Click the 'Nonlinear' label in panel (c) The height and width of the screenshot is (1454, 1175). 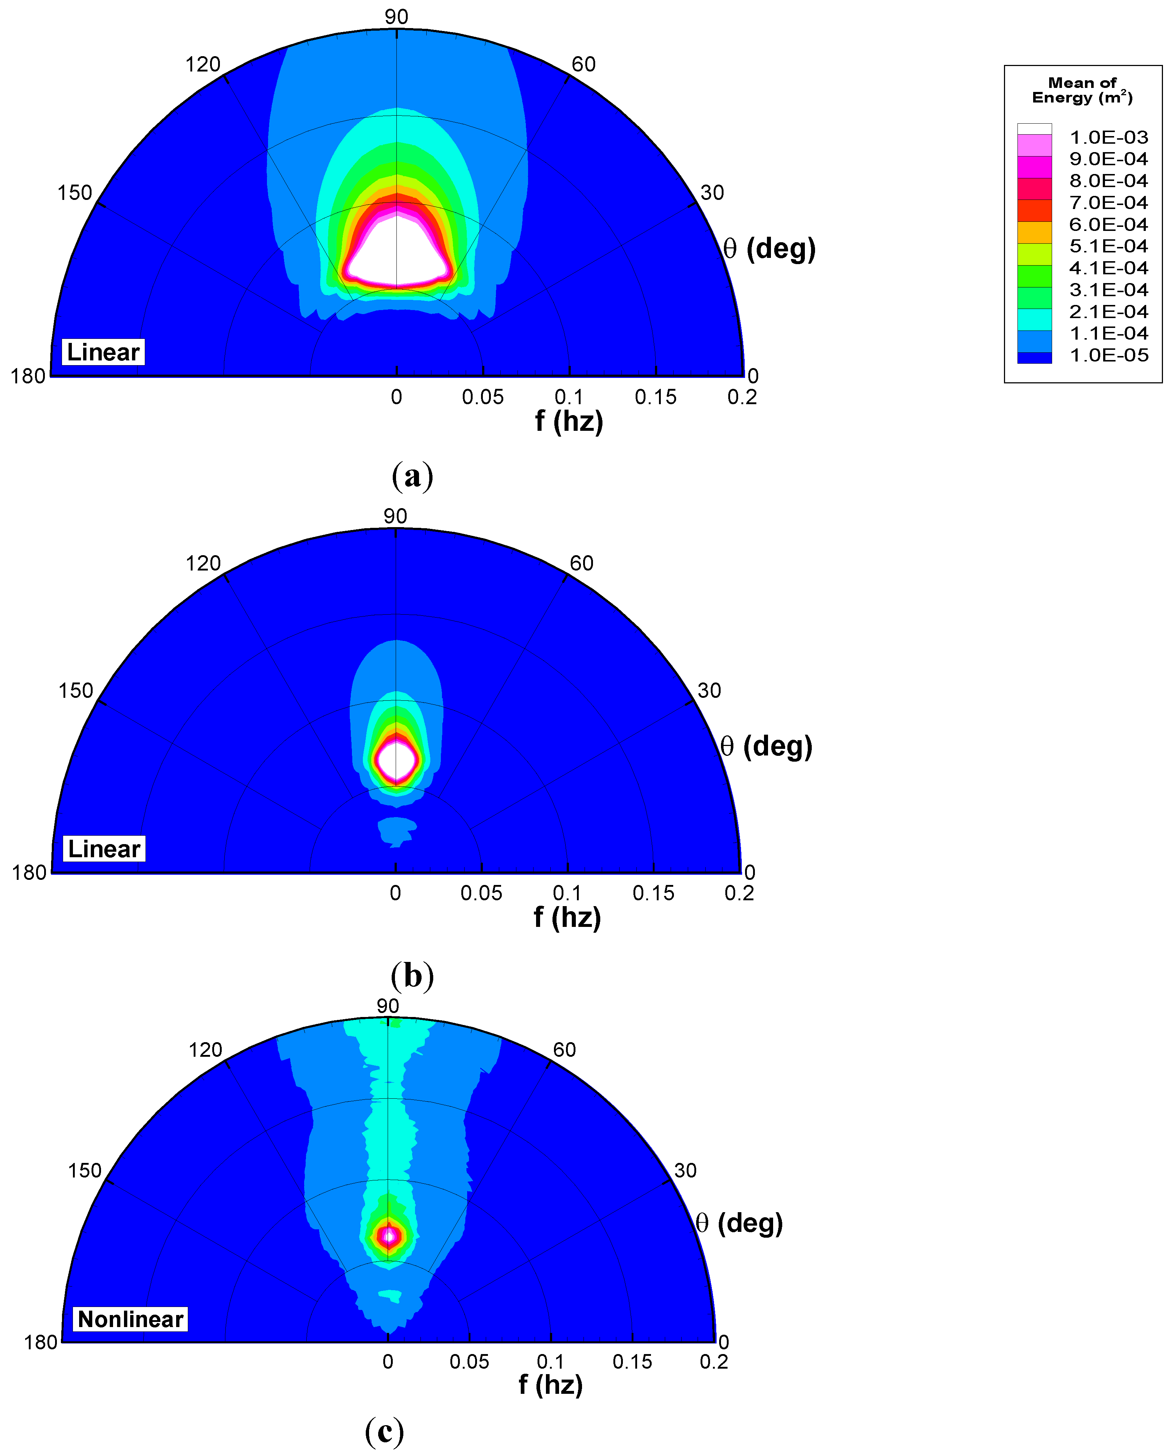(x=130, y=1319)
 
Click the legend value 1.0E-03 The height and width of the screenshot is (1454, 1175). (x=1108, y=138)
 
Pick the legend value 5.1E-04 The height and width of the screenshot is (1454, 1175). (x=1108, y=246)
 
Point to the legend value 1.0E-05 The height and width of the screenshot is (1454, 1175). (x=1108, y=355)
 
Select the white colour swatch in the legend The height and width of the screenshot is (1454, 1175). (x=1034, y=129)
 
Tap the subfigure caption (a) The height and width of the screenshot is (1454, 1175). (x=412, y=476)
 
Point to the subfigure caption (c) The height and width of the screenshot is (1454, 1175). (x=384, y=1430)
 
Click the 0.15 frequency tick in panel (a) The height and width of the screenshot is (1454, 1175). (x=655, y=397)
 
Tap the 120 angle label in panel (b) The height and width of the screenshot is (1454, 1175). (x=203, y=563)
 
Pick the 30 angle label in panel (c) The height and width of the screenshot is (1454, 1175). (x=685, y=1170)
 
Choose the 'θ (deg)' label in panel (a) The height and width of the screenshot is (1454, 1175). (x=769, y=249)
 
